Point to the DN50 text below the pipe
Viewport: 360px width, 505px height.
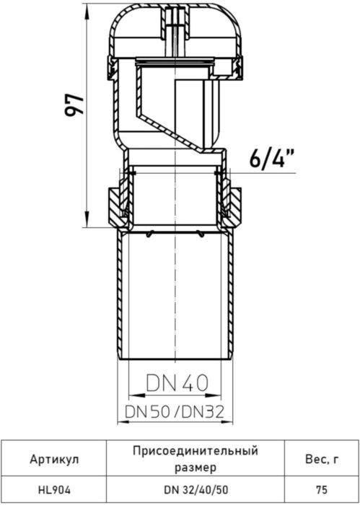[x=147, y=413]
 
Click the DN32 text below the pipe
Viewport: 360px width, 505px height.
[x=205, y=413]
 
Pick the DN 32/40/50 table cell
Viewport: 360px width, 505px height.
[x=195, y=488]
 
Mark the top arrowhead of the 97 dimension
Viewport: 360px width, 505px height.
[x=88, y=9]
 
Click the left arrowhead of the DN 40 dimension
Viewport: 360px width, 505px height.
[x=131, y=395]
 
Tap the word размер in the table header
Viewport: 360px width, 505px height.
[x=195, y=467]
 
